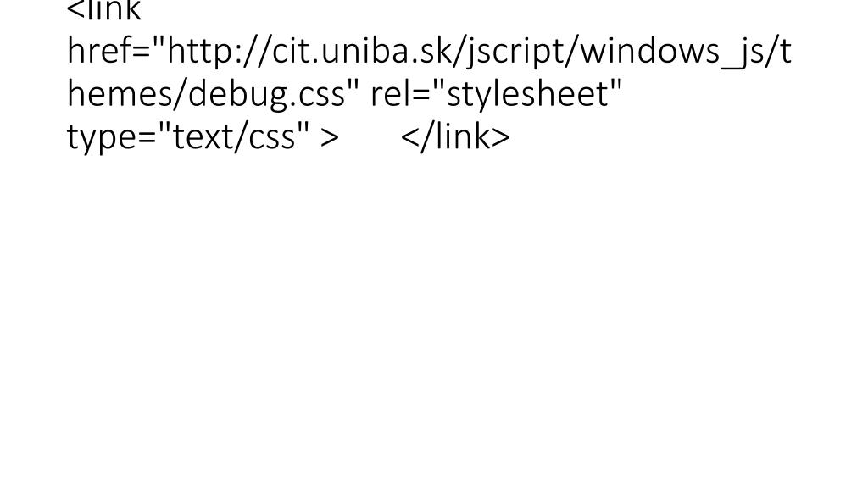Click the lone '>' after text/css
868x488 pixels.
(x=330, y=136)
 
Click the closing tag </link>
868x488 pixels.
(x=455, y=136)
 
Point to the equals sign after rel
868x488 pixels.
(x=421, y=94)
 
